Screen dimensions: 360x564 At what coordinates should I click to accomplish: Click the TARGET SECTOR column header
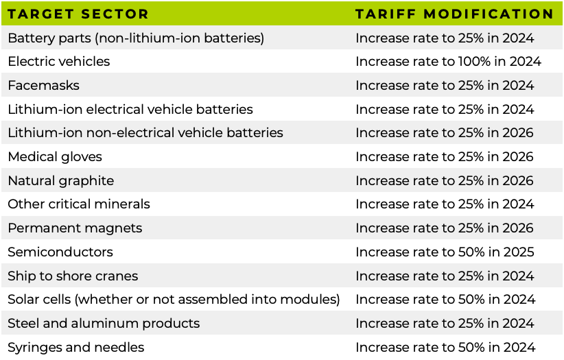click(x=78, y=14)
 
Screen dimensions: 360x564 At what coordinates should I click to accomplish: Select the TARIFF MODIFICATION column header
click(x=454, y=14)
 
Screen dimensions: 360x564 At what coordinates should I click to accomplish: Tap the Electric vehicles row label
click(x=59, y=62)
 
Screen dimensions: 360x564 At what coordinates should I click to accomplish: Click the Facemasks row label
click(x=43, y=86)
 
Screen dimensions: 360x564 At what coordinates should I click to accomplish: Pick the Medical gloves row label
click(x=55, y=157)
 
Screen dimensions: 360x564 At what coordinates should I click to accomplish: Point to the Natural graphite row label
click(x=61, y=181)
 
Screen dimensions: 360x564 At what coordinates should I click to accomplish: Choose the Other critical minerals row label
click(x=79, y=204)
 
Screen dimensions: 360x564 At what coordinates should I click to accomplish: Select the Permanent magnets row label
click(x=75, y=228)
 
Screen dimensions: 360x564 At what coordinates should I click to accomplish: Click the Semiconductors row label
click(x=60, y=252)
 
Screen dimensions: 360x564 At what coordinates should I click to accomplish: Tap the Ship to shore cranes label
click(x=73, y=276)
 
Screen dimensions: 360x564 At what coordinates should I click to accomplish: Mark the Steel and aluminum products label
click(x=104, y=324)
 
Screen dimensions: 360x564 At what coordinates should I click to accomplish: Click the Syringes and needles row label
click(x=76, y=348)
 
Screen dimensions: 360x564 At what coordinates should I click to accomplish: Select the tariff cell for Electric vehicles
click(x=448, y=62)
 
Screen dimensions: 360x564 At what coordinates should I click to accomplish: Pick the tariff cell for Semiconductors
click(x=445, y=252)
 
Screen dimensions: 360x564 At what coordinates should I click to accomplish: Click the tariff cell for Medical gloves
click(x=445, y=157)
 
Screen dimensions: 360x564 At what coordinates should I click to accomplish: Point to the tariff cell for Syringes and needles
click(x=445, y=348)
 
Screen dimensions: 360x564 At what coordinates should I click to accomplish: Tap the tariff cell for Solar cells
click(x=445, y=300)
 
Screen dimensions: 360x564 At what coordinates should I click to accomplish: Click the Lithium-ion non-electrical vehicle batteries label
click(x=145, y=133)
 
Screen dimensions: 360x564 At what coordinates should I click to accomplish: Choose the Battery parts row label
click(x=136, y=38)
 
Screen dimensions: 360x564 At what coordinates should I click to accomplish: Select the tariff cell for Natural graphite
click(x=445, y=181)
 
